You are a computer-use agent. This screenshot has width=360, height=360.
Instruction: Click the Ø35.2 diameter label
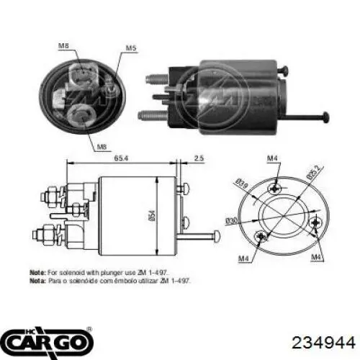click(x=315, y=174)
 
